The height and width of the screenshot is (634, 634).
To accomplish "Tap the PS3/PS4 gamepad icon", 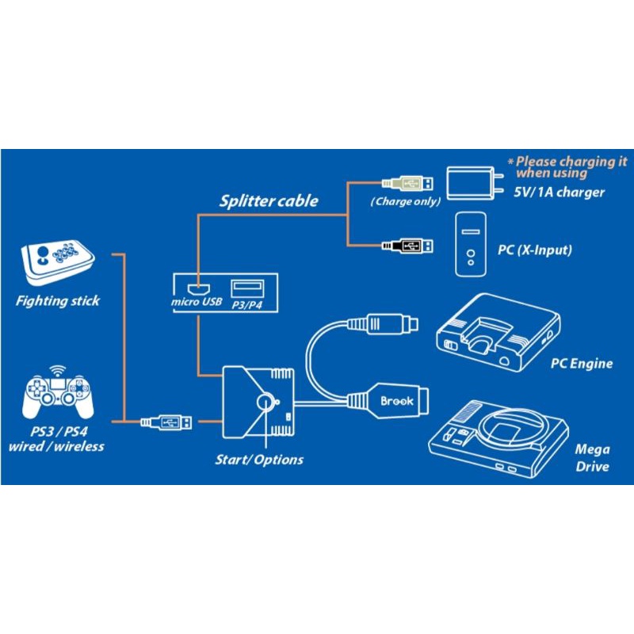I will (x=56, y=395).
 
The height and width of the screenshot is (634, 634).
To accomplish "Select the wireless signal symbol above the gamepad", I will (x=56, y=371).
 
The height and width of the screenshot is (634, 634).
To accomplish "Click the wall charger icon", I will (x=475, y=183).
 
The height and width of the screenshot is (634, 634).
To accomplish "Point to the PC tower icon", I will (x=471, y=243).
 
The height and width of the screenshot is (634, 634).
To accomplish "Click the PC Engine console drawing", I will (x=499, y=332).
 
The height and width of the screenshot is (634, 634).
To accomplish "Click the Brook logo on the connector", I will (x=396, y=402).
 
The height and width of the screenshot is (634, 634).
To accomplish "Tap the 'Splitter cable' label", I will (x=269, y=201).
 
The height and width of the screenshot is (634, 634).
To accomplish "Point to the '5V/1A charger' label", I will (x=560, y=193).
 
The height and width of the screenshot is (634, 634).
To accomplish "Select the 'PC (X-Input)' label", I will (x=534, y=250).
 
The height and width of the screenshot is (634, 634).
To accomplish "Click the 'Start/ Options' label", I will (x=259, y=459).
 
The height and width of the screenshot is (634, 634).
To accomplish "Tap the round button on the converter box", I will (x=265, y=402).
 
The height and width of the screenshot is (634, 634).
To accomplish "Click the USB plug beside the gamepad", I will (x=168, y=422).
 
